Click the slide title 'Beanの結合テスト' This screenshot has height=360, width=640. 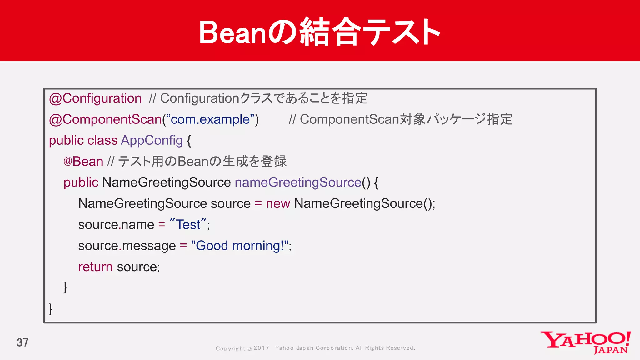320,32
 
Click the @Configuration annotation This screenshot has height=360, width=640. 95,98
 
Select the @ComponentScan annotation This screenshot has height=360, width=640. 105,119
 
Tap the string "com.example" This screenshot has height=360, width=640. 210,119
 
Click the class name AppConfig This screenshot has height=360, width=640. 152,140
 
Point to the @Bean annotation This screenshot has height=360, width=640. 83,162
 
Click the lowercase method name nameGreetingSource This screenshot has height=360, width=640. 298,182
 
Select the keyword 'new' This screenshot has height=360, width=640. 278,204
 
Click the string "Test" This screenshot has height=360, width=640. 188,225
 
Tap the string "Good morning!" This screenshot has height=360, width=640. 240,246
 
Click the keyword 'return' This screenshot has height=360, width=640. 95,267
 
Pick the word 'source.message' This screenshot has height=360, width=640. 127,246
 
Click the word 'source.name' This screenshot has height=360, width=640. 116,225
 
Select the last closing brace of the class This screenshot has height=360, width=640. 51,308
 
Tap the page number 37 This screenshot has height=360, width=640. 22,342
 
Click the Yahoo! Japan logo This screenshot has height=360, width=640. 585,342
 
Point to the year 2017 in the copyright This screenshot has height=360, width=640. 261,348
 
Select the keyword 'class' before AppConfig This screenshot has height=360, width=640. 102,140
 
